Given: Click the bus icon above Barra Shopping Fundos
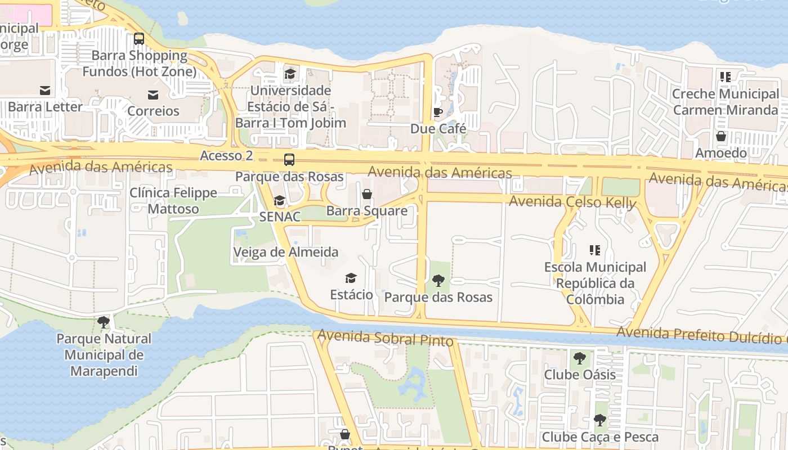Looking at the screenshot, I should tap(138, 39).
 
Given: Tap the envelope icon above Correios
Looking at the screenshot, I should tap(153, 94).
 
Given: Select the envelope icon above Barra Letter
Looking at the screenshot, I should tap(45, 90).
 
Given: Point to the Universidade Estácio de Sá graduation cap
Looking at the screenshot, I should tap(290, 74).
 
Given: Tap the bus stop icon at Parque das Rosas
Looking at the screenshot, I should tap(289, 160).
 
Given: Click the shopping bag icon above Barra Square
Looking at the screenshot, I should tap(367, 195).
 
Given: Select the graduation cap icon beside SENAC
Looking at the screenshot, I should tap(279, 201).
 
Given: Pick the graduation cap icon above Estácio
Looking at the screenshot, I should tap(351, 278).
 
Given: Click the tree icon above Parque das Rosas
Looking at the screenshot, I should tap(438, 280).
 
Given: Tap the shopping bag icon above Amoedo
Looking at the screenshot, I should tap(720, 136).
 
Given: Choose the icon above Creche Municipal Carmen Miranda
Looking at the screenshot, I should tap(725, 77).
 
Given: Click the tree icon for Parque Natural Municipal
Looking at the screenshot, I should tap(104, 322).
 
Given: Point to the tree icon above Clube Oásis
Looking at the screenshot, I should tap(579, 358).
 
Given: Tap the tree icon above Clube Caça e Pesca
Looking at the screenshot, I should tap(600, 420).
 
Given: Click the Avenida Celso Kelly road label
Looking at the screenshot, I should tap(572, 202).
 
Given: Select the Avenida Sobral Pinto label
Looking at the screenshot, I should tap(386, 338).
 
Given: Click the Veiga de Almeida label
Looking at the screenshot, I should tap(286, 252).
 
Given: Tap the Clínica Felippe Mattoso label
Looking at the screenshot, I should tap(173, 201).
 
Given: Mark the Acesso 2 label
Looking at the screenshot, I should tap(226, 156).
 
